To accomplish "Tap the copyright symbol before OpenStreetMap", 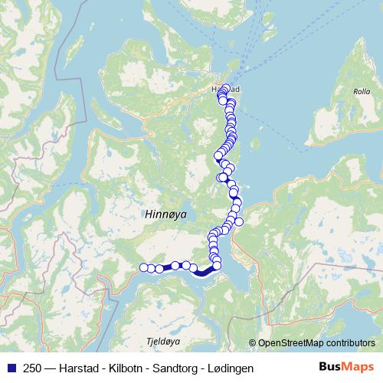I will (x=253, y=343).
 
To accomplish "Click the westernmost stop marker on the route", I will (x=143, y=267).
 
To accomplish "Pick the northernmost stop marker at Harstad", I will (x=225, y=88).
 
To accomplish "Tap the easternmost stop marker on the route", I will (x=239, y=222).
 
